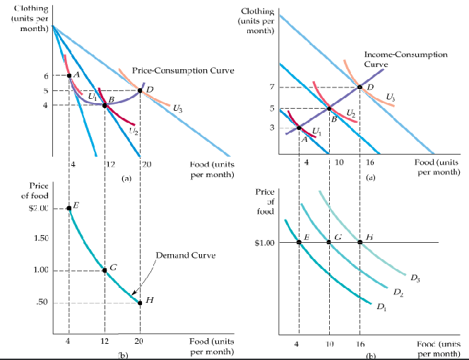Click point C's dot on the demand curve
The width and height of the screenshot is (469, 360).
(x=105, y=270)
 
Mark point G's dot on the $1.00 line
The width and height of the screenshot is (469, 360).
(x=329, y=242)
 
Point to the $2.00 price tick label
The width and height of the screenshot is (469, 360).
(x=37, y=208)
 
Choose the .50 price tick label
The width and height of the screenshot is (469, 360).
(x=42, y=303)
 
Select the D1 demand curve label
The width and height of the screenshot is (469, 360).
(x=381, y=306)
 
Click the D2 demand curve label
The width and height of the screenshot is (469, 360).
(x=398, y=292)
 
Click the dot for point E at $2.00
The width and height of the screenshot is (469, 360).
(x=69, y=208)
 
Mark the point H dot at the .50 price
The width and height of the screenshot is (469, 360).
(x=140, y=303)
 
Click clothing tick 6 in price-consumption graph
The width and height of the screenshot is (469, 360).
(x=45, y=76)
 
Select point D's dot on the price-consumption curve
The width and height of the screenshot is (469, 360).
(x=140, y=90)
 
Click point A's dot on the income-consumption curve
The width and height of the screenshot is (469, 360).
(x=299, y=128)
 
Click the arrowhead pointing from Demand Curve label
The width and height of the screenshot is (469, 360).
(x=132, y=294)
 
